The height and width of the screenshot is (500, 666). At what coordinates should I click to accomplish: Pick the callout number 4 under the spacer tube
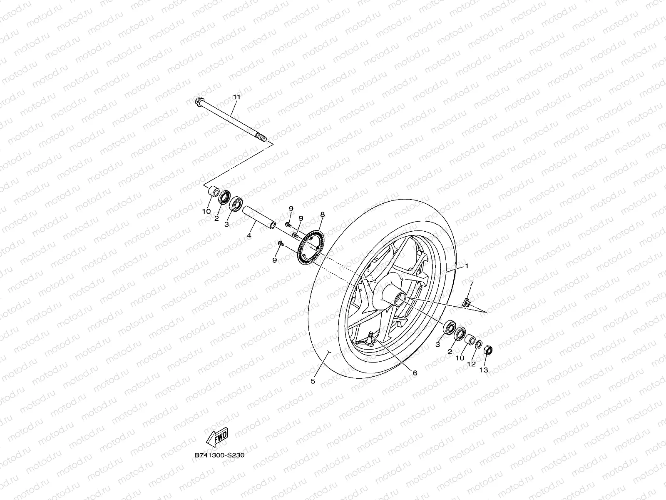click(x=249, y=236)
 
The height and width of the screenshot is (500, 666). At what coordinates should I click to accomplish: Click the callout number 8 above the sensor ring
click(x=322, y=214)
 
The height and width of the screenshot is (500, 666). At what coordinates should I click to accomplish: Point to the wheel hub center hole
click(x=401, y=299)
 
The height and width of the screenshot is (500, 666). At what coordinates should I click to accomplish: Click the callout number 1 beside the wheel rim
click(x=467, y=266)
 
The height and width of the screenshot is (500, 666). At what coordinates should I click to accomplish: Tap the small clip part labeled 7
click(x=467, y=301)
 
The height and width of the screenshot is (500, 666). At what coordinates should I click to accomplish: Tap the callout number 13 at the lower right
click(x=483, y=369)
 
